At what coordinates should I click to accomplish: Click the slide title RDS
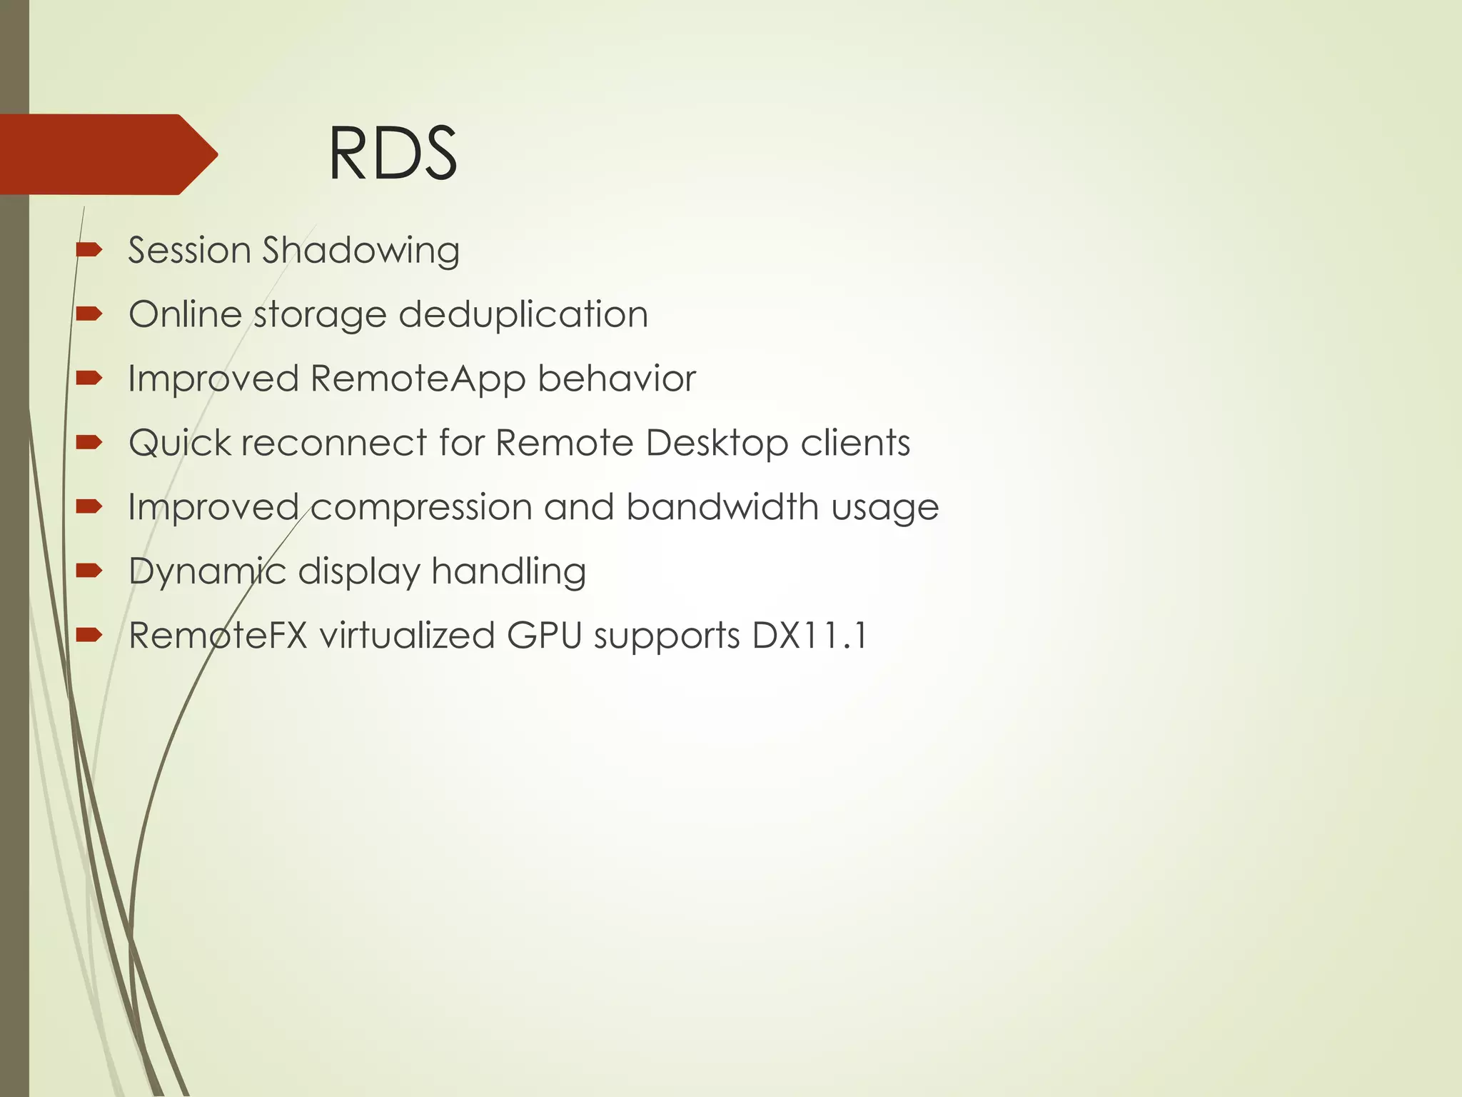point(392,154)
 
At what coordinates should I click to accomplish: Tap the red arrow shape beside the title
point(107,154)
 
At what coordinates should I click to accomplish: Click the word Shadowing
point(361,251)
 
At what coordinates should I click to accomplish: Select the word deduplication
point(523,314)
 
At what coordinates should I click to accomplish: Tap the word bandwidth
point(722,507)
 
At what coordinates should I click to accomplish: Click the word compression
point(421,507)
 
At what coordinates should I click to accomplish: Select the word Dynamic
point(207,571)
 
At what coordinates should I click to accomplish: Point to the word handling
point(508,571)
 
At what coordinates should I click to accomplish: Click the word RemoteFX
point(218,635)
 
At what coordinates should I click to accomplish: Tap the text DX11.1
point(810,635)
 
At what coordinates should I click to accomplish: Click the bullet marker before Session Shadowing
point(89,250)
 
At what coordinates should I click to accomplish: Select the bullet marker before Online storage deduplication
point(89,314)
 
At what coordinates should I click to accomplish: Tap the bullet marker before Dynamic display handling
point(89,570)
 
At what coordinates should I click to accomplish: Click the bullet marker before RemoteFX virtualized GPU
point(89,634)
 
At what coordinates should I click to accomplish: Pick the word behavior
point(616,379)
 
